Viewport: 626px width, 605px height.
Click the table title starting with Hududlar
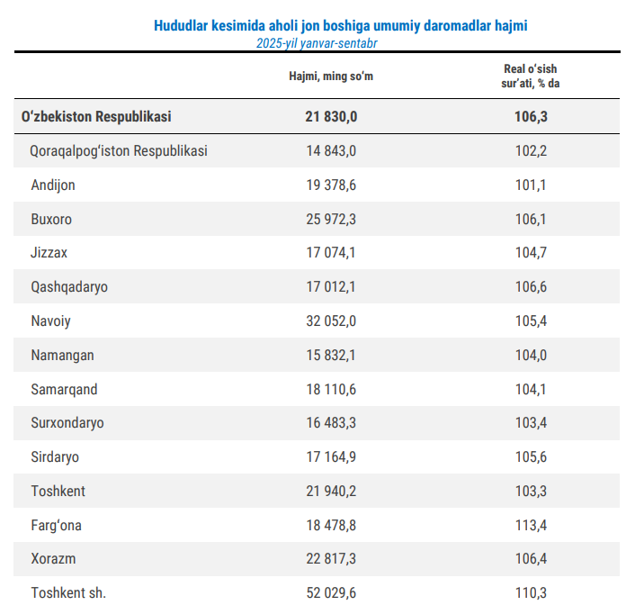(x=341, y=26)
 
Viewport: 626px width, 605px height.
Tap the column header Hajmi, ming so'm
(x=330, y=76)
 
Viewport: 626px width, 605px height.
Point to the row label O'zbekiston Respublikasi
(x=96, y=116)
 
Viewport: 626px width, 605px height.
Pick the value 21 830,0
(x=331, y=116)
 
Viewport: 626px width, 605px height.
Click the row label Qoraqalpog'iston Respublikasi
(x=119, y=150)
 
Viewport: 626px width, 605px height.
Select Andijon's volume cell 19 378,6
(x=331, y=185)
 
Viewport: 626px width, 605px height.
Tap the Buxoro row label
(x=51, y=219)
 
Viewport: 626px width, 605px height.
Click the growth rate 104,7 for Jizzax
(x=531, y=253)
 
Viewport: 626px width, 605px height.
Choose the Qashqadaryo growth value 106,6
(x=531, y=287)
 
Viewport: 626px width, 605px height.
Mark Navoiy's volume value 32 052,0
(x=331, y=321)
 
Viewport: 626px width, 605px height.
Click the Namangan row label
(x=62, y=355)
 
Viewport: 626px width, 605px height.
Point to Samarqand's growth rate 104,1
(x=531, y=389)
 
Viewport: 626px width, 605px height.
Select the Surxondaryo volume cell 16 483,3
(x=331, y=423)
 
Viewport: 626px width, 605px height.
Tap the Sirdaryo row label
(x=55, y=456)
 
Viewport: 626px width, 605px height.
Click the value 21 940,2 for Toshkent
(x=331, y=491)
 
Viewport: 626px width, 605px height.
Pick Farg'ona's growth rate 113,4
(x=531, y=525)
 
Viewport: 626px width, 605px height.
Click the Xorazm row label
(x=53, y=558)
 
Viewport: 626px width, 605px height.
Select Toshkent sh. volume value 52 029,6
(x=331, y=592)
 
